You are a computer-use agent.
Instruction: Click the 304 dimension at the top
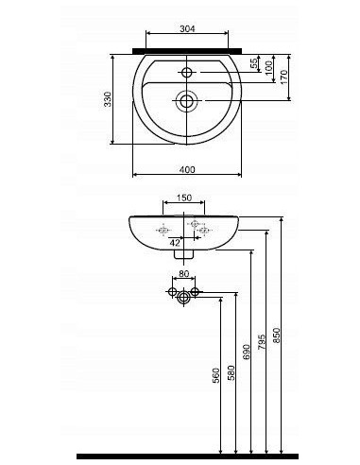(187, 28)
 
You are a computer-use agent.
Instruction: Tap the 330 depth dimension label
(108, 99)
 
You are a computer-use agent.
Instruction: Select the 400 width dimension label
(187, 169)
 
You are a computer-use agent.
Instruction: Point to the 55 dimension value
(254, 63)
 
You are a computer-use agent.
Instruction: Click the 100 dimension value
(268, 68)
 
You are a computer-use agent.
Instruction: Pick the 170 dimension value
(284, 77)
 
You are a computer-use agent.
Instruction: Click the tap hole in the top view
(187, 73)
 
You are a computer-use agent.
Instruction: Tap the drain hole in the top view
(186, 100)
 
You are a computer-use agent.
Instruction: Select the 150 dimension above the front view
(184, 198)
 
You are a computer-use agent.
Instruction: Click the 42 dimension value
(175, 243)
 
